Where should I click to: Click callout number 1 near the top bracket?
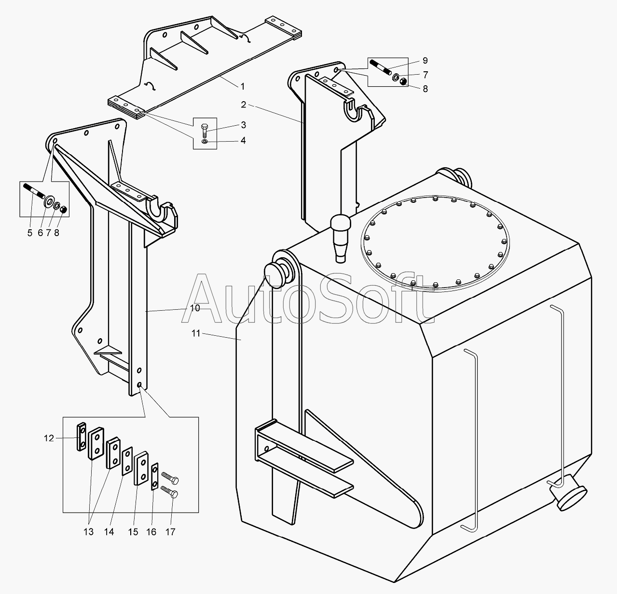[x=243, y=86]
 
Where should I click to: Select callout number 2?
[x=243, y=105]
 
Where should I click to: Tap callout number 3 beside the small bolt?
[x=243, y=125]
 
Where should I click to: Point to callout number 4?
[x=243, y=141]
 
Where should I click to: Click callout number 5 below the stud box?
[x=30, y=233]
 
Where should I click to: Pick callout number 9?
[x=425, y=61]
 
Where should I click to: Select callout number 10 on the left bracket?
[x=195, y=308]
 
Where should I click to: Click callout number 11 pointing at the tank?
[x=196, y=333]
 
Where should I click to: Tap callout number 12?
[x=49, y=438]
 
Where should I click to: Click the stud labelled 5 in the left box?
[x=34, y=191]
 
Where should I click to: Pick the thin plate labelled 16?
[x=154, y=477]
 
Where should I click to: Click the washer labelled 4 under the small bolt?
[x=205, y=141]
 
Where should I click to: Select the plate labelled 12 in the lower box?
[x=82, y=436]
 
